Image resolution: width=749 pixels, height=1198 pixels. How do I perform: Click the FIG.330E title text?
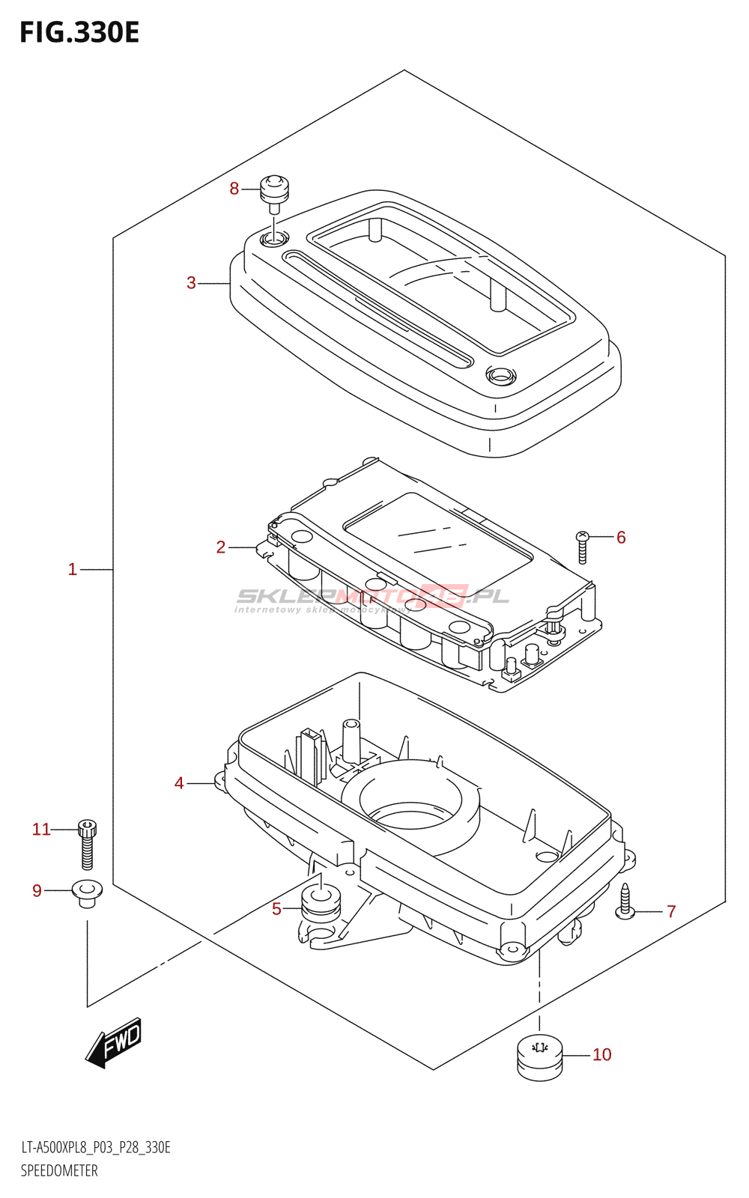[x=79, y=33]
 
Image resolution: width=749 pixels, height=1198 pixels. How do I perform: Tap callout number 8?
[x=234, y=189]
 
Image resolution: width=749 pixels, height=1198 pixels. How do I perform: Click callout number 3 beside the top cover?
[x=191, y=283]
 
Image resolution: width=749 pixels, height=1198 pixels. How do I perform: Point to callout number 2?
[x=220, y=547]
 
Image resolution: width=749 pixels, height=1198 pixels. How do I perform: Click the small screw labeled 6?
[x=583, y=547]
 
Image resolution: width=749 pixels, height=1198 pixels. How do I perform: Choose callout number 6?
[x=621, y=537]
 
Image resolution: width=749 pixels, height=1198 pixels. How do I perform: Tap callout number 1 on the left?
[x=73, y=569]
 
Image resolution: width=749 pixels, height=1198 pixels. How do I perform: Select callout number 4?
[x=179, y=783]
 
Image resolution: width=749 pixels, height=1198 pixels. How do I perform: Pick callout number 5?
[x=276, y=909]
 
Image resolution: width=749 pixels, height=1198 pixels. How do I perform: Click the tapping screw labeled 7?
[x=625, y=901]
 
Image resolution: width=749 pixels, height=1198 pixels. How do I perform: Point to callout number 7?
[x=671, y=911]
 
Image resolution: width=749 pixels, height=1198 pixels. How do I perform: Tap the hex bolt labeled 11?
[x=87, y=844]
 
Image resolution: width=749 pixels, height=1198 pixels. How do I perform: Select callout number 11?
[x=41, y=829]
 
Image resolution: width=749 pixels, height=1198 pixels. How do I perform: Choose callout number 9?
[x=37, y=890]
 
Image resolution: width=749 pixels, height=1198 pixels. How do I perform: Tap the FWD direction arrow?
[x=114, y=1042]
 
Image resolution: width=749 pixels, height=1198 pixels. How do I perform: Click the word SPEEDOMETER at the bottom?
[x=59, y=1170]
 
